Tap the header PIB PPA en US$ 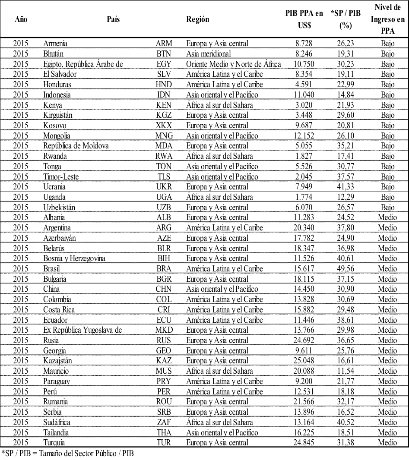coord(304,19)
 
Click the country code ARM coord(164,43)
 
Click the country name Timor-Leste coord(60,176)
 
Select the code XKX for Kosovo coord(164,125)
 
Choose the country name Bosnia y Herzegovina coord(75,258)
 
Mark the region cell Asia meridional coord(209,54)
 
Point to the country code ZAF coord(164,422)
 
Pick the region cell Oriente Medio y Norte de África coord(234,64)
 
